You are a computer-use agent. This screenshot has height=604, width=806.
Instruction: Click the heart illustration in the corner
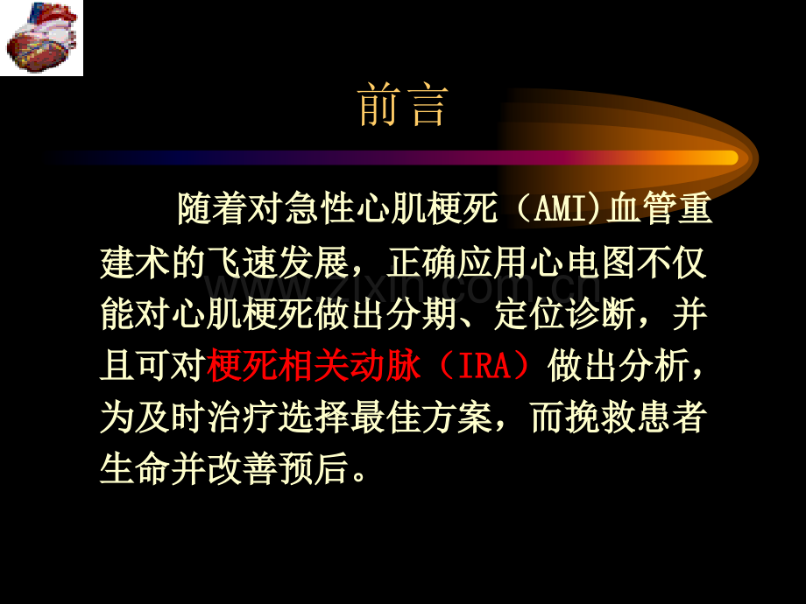coord(41,38)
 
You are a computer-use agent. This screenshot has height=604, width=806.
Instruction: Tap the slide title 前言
coord(403,105)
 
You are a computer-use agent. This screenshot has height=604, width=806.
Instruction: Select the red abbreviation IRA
coord(484,366)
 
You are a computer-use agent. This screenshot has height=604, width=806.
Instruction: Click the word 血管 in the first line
coord(641,208)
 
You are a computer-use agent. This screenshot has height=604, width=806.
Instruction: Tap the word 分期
coord(421,313)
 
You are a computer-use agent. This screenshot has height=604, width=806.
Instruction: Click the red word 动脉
coord(385,366)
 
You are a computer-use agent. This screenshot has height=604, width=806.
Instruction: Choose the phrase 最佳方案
coord(421,417)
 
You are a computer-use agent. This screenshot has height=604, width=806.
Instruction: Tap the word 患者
coord(671,417)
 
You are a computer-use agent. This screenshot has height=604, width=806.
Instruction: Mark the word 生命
coord(136,468)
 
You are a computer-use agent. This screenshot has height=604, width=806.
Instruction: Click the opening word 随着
coord(212,208)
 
